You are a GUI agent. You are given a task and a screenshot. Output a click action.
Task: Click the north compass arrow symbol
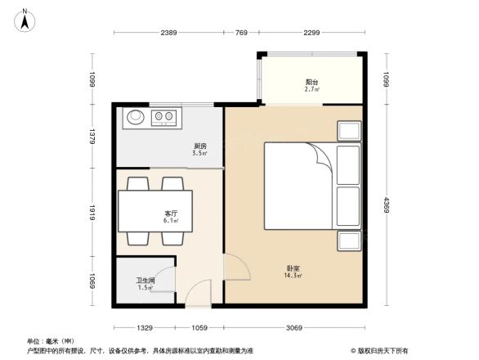25,19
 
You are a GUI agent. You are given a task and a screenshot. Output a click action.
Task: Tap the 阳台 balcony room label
311,82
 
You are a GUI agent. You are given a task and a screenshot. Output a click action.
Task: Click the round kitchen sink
135,118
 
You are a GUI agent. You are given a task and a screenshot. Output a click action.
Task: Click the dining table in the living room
155,211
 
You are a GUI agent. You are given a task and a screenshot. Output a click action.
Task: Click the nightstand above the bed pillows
350,131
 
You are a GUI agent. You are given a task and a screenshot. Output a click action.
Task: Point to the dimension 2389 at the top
168,33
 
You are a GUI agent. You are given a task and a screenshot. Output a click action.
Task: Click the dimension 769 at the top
241,33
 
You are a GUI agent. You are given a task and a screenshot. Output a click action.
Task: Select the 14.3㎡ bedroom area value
293,276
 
